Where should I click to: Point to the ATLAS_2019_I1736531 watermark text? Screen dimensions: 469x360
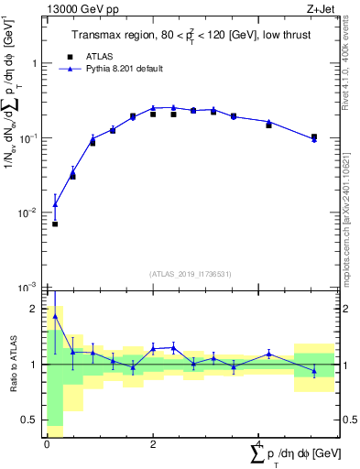pos(190,273)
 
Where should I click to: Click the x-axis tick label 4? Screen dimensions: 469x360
pos(259,444)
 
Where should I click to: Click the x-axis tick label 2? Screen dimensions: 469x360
pos(153,444)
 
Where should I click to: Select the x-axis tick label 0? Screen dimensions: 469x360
pos(47,444)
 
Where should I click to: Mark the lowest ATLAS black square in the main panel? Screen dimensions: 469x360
pos(55,224)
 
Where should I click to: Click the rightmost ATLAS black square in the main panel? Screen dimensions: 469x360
pos(314,137)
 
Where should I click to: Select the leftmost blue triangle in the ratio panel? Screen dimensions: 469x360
pos(55,316)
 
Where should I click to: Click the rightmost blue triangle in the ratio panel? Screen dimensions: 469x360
pos(314,371)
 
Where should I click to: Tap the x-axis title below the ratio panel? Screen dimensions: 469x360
pos(290,455)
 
